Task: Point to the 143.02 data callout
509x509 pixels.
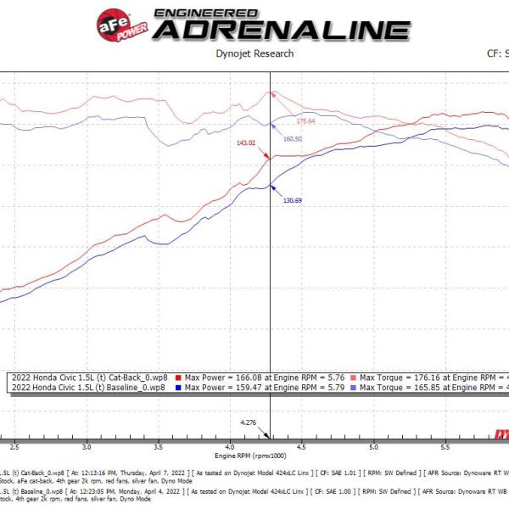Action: [x=247, y=143]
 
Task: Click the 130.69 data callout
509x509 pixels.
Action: [x=293, y=200]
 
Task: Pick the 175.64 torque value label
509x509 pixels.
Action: [x=305, y=121]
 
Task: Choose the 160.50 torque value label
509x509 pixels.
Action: [x=294, y=138]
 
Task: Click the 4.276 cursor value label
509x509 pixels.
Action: [x=248, y=422]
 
